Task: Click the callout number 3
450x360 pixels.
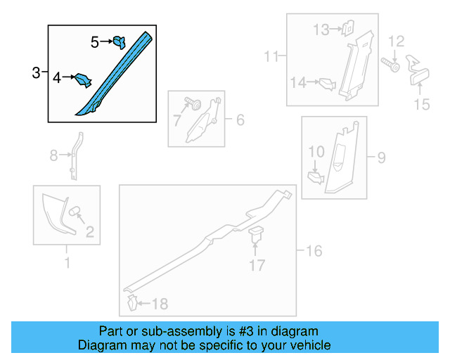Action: click(x=36, y=72)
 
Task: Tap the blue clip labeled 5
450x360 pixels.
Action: click(x=120, y=42)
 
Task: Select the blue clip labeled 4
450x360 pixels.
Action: click(x=83, y=80)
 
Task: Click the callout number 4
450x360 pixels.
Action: click(x=57, y=78)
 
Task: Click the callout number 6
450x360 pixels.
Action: click(x=240, y=120)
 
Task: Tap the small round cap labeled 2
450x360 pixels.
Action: click(x=75, y=211)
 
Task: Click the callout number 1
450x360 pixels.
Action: click(x=67, y=263)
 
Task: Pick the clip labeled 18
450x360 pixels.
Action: click(x=133, y=302)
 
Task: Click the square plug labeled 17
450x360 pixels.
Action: click(x=256, y=233)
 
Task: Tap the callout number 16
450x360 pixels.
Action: click(x=314, y=251)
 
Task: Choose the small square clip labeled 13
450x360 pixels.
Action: click(x=347, y=28)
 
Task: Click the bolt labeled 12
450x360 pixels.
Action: click(x=390, y=65)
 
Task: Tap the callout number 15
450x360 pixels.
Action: click(x=422, y=104)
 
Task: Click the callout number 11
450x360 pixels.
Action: click(x=271, y=56)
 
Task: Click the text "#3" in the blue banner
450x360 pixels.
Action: click(x=246, y=331)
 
